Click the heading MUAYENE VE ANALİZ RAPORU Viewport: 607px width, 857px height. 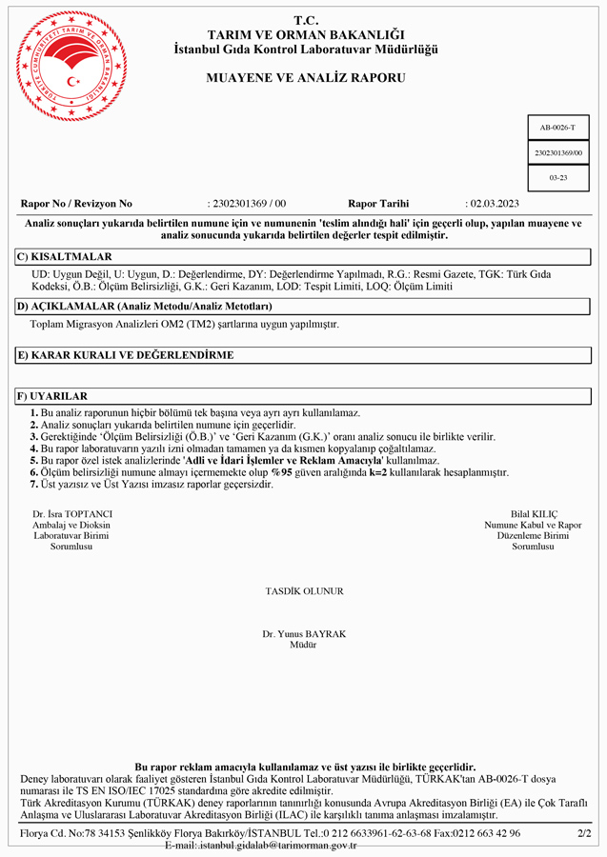point(306,77)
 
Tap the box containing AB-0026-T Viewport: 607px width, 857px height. point(557,127)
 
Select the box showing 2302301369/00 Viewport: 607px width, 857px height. point(557,152)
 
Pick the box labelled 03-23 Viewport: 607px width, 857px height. point(557,178)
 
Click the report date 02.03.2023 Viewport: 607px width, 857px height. point(493,204)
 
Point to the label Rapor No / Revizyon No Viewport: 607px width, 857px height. point(76,204)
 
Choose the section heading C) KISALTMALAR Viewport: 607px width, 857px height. point(65,257)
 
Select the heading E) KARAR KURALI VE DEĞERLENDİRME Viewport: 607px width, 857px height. point(125,355)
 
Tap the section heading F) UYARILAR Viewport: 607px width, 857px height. point(53,396)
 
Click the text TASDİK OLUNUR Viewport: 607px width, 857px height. point(304,591)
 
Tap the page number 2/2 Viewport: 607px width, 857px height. point(584,833)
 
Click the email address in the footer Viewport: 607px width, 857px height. point(260,845)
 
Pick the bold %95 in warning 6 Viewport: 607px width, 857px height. point(282,472)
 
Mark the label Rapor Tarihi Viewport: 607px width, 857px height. point(378,204)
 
